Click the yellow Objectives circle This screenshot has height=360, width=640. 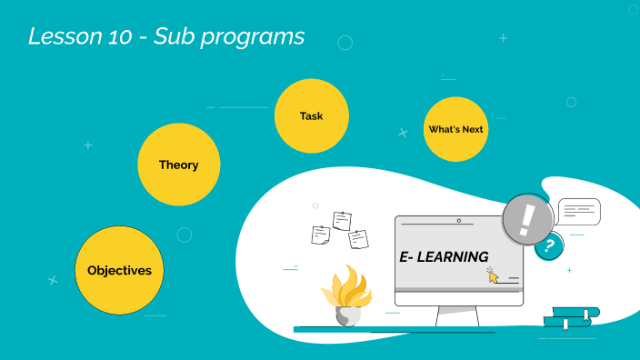tap(119, 269)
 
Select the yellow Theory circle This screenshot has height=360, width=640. tap(179, 165)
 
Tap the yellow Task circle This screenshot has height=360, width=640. tap(311, 115)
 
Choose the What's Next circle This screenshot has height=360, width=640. tap(455, 129)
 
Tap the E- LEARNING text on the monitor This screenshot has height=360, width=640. tap(444, 257)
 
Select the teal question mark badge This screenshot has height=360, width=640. tap(548, 245)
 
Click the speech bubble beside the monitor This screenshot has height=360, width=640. tap(579, 212)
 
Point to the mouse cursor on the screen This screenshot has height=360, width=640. tap(493, 275)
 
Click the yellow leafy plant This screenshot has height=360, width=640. tap(346, 288)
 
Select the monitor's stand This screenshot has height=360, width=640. tap(457, 316)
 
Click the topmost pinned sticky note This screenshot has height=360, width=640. tap(342, 220)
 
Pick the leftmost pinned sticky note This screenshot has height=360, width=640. tap(319, 235)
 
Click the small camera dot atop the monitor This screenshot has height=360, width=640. tap(458, 220)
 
